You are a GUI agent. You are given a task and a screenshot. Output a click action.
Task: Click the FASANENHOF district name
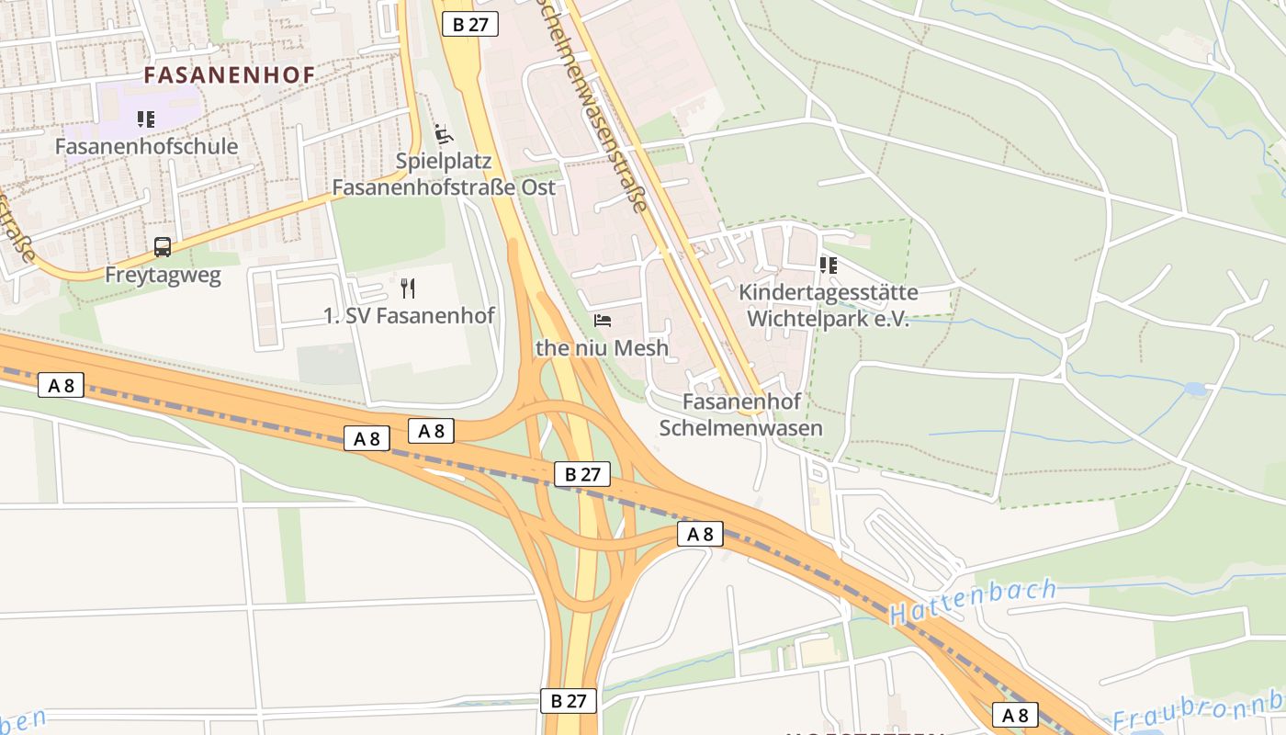[230, 74]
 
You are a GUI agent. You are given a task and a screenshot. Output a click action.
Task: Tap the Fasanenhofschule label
[146, 146]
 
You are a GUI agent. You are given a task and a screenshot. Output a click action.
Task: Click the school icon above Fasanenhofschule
[145, 119]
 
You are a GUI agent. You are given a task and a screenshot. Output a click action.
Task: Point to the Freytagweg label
[163, 275]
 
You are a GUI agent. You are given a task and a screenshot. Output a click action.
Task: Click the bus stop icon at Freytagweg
[163, 247]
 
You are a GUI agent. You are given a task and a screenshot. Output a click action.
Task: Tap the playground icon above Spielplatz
[444, 134]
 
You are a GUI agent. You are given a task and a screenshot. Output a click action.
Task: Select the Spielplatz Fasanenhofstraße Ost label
[444, 174]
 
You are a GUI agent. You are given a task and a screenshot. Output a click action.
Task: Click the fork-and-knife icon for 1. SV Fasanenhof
[409, 288]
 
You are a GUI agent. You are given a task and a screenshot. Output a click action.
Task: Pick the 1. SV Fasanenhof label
[409, 316]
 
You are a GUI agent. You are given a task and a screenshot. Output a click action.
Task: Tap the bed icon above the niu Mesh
[603, 321]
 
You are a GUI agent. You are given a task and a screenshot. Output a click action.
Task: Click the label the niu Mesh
[603, 348]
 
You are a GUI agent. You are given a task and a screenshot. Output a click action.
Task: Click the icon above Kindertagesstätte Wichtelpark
[828, 266]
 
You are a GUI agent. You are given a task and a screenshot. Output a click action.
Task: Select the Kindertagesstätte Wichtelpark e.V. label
[828, 306]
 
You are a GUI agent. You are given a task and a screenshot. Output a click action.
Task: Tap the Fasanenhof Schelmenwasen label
[741, 414]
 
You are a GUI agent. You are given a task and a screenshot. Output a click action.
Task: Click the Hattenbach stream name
[974, 602]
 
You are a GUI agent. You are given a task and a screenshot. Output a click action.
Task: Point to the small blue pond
[1195, 390]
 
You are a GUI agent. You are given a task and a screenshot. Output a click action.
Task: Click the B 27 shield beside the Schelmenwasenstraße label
[470, 25]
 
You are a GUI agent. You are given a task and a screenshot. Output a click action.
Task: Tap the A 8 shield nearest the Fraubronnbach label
[1015, 715]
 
